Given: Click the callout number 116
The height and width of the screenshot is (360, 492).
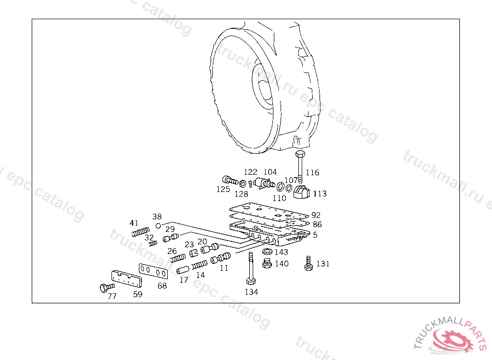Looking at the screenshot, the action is point(312,172).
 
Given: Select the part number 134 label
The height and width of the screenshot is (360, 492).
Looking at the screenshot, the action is point(251,292).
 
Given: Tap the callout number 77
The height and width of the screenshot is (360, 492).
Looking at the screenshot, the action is point(112,296).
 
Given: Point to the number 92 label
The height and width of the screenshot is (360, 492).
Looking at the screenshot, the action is point(316,215).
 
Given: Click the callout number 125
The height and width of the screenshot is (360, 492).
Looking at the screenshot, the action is point(223,190).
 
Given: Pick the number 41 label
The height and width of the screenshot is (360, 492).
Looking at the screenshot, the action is point(134,223).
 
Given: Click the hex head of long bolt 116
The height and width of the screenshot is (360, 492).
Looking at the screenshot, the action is point(300,154).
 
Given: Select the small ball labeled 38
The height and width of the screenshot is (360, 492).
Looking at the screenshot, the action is point(159,226).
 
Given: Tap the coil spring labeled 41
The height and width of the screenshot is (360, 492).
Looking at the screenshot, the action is point(140,232).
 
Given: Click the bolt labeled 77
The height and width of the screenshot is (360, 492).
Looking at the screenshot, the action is point(107,287).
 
